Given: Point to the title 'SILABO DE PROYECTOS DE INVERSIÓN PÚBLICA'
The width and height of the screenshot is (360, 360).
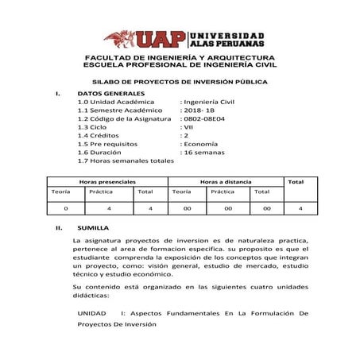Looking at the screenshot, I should click(180, 82).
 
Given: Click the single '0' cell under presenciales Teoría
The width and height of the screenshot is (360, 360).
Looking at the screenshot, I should click(65, 207).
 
